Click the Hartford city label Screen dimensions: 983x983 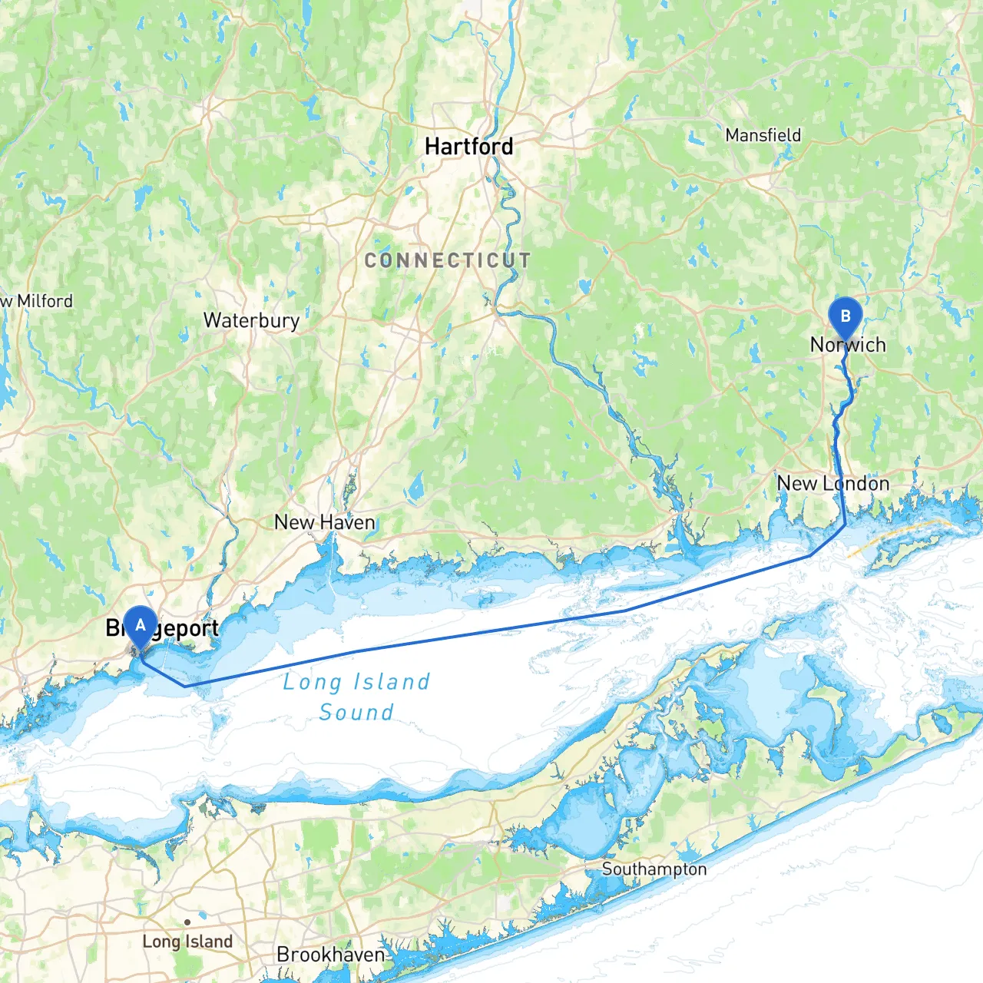(x=468, y=146)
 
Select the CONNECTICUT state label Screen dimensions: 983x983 (x=448, y=260)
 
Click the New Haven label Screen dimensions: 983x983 (x=325, y=522)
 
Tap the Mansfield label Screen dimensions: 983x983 (x=763, y=135)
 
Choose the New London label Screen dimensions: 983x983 (x=833, y=483)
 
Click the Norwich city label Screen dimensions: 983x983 (x=848, y=345)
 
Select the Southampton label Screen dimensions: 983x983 (x=654, y=869)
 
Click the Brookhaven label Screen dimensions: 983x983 (x=330, y=955)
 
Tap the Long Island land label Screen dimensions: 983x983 (x=187, y=942)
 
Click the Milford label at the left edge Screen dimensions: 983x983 (x=38, y=301)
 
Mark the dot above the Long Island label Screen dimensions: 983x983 (x=187, y=922)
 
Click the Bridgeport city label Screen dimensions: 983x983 (x=163, y=629)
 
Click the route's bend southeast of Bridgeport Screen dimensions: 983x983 (x=185, y=685)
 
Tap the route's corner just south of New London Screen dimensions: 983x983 (x=846, y=525)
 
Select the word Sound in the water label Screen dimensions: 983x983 (x=356, y=713)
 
